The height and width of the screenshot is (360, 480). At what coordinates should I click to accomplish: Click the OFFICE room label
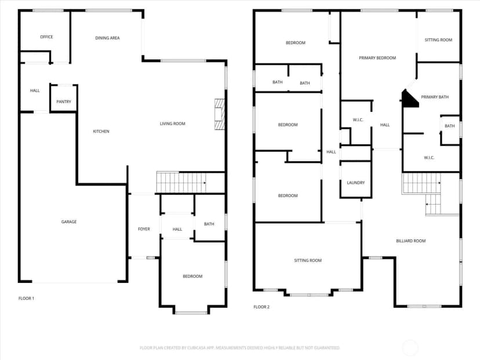click(46, 37)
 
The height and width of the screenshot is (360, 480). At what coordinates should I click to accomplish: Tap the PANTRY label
click(64, 101)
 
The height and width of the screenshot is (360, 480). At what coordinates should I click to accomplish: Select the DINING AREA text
click(107, 38)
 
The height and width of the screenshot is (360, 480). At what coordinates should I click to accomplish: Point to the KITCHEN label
click(101, 132)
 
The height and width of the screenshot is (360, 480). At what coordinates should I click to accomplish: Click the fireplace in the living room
click(220, 114)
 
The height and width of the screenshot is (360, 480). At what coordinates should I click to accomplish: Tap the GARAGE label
click(69, 221)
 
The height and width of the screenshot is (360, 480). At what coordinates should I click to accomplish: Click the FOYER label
click(144, 229)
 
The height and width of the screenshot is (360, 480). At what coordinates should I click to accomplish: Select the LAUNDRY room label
click(356, 183)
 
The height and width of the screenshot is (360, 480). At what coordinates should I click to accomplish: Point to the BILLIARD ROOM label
click(411, 241)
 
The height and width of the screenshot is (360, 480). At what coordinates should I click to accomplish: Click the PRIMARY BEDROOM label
click(377, 58)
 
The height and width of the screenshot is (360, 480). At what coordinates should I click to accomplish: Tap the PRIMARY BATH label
click(435, 97)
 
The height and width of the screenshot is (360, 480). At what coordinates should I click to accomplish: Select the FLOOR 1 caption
click(26, 299)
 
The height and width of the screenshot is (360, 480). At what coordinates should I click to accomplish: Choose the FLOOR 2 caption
click(261, 307)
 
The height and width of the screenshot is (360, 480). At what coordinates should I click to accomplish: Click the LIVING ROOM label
click(172, 123)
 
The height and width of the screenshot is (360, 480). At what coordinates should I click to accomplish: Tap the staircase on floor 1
click(181, 183)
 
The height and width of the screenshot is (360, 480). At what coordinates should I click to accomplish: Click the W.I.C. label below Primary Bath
click(429, 158)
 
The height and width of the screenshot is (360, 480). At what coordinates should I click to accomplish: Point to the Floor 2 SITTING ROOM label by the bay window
click(308, 260)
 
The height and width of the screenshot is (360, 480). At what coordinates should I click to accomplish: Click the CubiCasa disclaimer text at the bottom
click(239, 348)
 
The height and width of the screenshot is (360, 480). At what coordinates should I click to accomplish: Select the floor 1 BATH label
click(209, 224)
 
